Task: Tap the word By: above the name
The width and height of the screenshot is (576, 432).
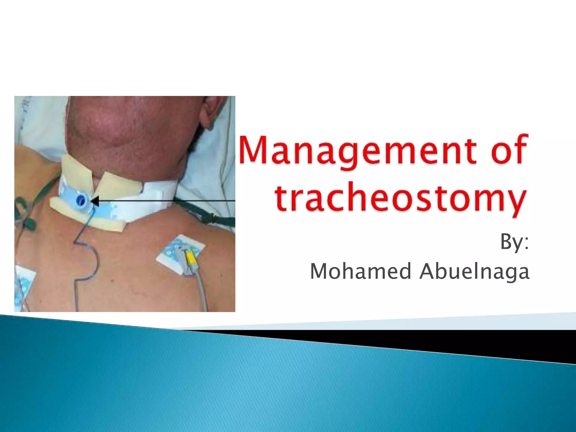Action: (x=514, y=242)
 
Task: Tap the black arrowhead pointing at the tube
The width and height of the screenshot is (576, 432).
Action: (x=95, y=201)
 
